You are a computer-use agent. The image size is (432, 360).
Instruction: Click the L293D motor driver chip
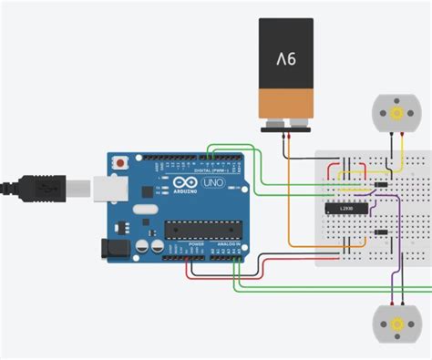[x=346, y=209]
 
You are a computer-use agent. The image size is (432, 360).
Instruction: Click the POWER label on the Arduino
[x=196, y=246]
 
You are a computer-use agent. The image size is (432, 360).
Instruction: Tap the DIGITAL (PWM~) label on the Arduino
[x=212, y=170]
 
